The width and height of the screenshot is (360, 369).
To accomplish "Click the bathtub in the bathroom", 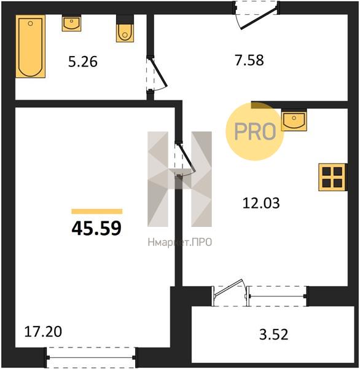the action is point(30,46).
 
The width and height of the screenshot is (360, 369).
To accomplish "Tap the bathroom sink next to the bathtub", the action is point(71,23).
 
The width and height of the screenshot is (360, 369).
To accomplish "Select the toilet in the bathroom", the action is point(125,29).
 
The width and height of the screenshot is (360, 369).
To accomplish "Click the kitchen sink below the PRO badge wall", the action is point(294,120).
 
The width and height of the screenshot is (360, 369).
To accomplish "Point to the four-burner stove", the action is point(333,177).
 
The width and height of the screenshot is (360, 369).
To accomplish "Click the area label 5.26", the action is point(83,62).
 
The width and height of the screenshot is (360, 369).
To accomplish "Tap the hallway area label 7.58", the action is point(249,60).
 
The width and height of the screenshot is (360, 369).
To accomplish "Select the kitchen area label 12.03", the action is point(261,203).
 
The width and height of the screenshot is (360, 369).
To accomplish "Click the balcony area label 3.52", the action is point(274,335).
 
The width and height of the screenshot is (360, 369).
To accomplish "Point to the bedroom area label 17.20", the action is point(43,331).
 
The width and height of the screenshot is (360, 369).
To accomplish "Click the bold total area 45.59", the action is point(96,229).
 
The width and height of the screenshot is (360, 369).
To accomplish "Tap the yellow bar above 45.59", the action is point(97,212).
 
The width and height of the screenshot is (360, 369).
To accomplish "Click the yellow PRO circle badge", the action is point(255,132).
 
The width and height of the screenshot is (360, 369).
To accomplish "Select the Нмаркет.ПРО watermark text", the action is point(180,242).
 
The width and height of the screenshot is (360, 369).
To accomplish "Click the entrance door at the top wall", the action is point(257,15).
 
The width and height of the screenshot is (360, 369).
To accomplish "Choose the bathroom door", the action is point(156,74).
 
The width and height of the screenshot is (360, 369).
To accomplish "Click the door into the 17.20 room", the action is point(185,159).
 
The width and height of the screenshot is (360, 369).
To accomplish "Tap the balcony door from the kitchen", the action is point(230,293).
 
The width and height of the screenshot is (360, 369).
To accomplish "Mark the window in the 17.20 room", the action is point(91,357).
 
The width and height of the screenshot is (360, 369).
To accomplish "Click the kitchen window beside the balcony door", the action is point(278,296).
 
